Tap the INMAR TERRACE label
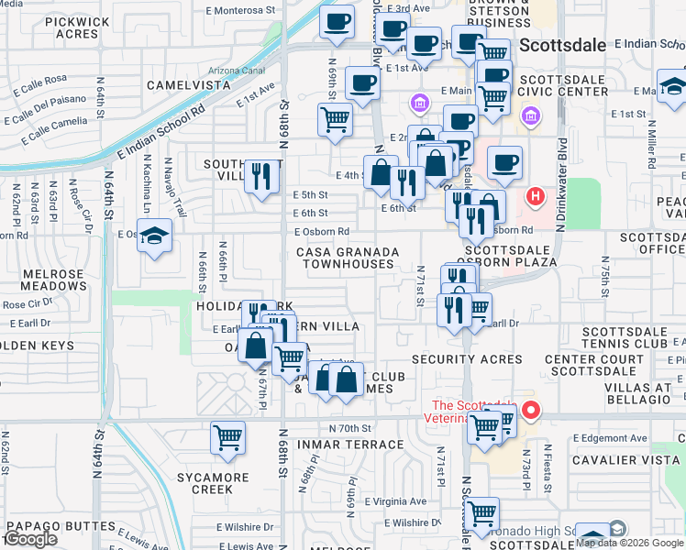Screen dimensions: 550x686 [x=350, y=445]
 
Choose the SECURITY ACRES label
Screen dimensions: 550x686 [x=467, y=359]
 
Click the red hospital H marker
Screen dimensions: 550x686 [x=535, y=196]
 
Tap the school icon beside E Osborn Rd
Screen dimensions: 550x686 [x=155, y=236]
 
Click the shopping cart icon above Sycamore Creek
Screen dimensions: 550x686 [x=227, y=437]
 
